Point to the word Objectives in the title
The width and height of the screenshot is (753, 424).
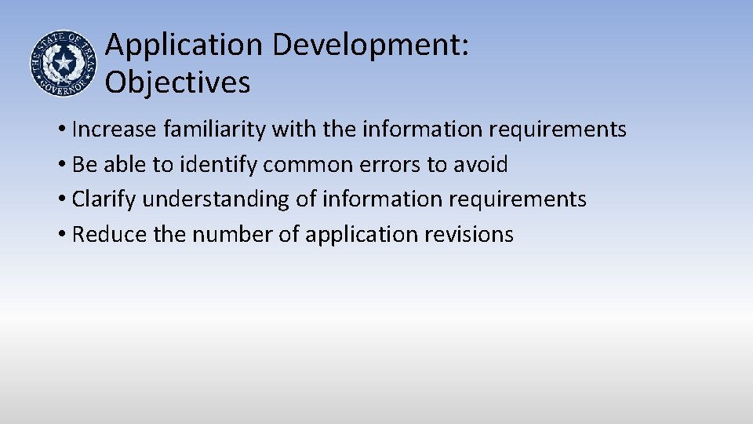click(178, 82)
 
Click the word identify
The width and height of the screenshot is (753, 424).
click(219, 165)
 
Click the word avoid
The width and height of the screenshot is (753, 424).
click(483, 165)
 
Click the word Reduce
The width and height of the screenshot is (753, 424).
click(106, 234)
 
